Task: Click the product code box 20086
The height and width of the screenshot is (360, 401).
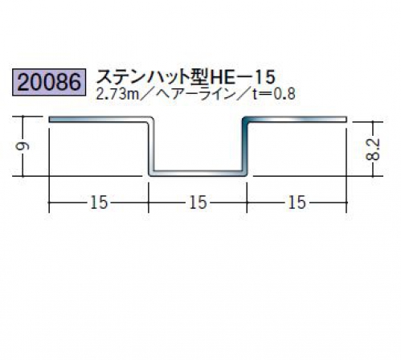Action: tap(49, 82)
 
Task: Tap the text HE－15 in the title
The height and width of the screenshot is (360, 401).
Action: tap(243, 77)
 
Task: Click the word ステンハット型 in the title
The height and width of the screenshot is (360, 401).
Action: tap(153, 77)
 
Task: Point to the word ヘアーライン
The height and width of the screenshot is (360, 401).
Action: tap(192, 94)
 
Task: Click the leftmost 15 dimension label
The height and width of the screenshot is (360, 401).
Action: tap(99, 202)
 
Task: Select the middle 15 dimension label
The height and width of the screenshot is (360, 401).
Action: tap(198, 202)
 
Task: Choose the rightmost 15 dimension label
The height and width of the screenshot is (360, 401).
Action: tap(297, 202)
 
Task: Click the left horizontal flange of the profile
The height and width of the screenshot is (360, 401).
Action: tap(99, 119)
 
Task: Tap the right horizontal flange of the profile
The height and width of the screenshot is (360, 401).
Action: tap(296, 119)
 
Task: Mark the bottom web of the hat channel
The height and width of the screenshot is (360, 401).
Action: tap(198, 173)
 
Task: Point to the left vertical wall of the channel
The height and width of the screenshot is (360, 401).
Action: tap(151, 146)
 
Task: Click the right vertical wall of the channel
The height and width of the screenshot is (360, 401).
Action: tap(245, 146)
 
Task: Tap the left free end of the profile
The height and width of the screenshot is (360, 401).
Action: tap(49, 119)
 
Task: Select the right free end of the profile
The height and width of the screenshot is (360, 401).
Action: tap(346, 119)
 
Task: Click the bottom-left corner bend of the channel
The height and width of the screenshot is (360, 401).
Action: tap(151, 174)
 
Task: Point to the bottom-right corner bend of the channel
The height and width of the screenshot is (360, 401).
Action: tap(245, 174)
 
